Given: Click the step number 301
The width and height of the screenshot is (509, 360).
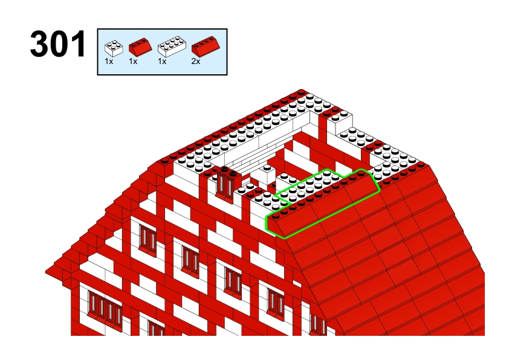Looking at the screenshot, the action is click(58, 43).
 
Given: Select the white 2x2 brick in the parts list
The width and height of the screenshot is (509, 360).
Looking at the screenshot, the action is click(114, 48).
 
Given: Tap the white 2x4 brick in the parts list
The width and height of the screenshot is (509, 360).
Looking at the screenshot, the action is click(172, 47).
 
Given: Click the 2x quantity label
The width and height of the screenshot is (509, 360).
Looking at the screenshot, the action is click(196, 61).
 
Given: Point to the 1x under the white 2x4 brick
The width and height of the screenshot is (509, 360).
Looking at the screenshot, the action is click(162, 61).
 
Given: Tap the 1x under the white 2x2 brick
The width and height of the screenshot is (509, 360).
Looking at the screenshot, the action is click(109, 61).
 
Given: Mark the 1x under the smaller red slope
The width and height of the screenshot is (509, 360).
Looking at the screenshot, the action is click(133, 61).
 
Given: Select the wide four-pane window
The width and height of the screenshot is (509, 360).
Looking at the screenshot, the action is click(105, 307).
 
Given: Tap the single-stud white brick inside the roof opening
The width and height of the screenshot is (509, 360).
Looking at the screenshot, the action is click(267, 174).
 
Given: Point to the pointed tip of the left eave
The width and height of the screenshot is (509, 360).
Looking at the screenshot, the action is click(46, 271).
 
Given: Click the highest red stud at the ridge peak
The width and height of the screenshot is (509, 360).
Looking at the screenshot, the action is click(301, 92).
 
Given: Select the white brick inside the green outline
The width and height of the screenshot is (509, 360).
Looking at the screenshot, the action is click(309, 184).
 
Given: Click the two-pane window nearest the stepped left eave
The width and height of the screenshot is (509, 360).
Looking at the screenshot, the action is click(148, 239).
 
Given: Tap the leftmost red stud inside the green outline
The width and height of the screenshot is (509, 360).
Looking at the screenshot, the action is click(276, 215).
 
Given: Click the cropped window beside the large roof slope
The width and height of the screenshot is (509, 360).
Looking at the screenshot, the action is click(318, 324).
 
